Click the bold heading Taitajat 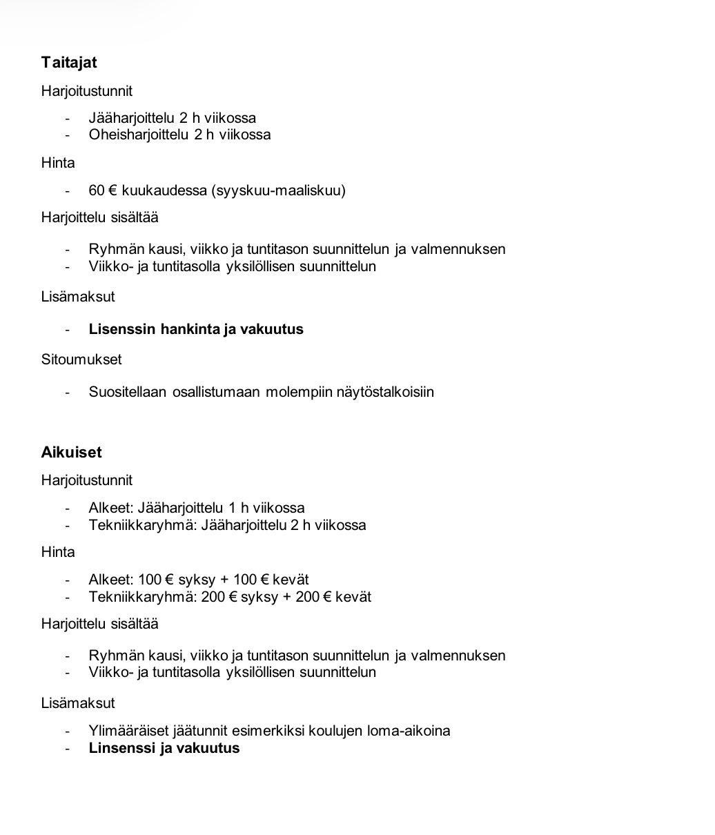coord(69,63)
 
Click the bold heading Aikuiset coord(71,453)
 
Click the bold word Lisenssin coord(122,329)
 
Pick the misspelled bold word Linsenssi coord(122,748)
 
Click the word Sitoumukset coord(81,360)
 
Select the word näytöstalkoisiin coord(385,392)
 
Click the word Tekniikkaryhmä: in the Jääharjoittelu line coord(143,525)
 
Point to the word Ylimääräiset coord(128,731)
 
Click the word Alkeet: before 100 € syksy coord(111,580)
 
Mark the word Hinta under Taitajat coord(58,164)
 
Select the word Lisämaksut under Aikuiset coord(78,703)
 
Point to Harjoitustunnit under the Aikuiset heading coord(87,480)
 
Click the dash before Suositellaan coord(68,392)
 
